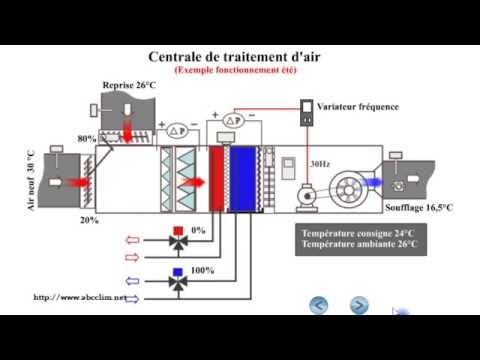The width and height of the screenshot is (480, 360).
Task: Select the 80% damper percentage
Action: (x=86, y=139)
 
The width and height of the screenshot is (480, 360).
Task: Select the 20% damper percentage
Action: (x=90, y=220)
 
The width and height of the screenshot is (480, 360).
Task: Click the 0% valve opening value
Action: (x=198, y=230)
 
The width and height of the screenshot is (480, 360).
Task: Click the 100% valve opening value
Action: (x=202, y=270)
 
